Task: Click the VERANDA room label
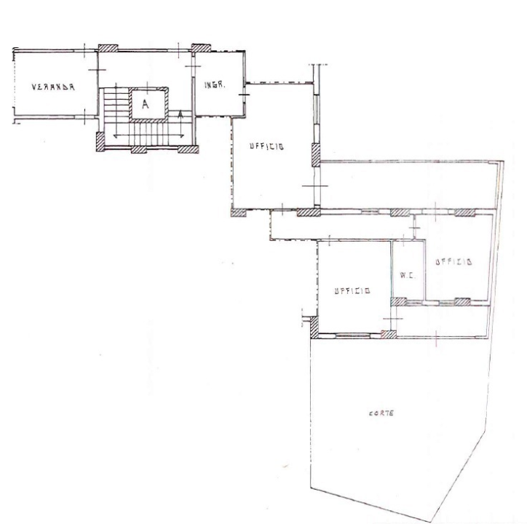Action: tap(53, 87)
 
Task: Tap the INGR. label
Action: tap(215, 84)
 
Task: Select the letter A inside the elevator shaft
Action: tap(145, 104)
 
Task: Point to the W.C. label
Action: tap(408, 276)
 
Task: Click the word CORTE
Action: tap(381, 413)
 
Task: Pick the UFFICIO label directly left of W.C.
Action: tap(352, 290)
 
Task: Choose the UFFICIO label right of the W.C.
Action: tap(453, 261)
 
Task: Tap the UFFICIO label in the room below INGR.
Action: tap(266, 146)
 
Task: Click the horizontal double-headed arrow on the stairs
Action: tap(149, 136)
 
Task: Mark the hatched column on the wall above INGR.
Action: tap(201, 48)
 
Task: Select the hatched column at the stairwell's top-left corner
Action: tap(108, 48)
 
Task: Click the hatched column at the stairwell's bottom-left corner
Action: tap(100, 141)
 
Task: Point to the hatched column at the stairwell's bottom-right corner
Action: tap(189, 149)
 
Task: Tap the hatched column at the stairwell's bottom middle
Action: tap(139, 150)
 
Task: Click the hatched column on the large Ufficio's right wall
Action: tap(316, 155)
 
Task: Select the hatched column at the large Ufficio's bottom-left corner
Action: tap(239, 213)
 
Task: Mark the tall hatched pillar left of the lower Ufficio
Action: tap(314, 327)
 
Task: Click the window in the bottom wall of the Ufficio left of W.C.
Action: tap(353, 335)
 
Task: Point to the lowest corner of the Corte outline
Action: tap(431, 522)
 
